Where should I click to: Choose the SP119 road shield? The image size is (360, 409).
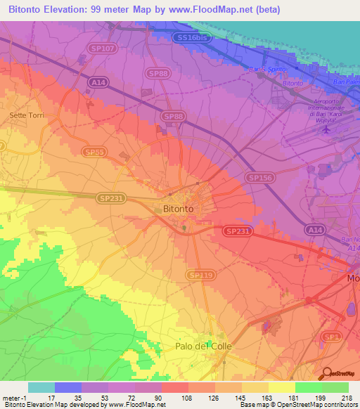click(x=200, y=275)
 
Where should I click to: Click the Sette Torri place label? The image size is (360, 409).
click(x=26, y=115)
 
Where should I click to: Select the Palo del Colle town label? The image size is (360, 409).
click(x=203, y=346)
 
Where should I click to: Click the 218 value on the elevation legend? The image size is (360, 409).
click(x=345, y=398)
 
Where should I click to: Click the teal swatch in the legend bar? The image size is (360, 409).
click(x=41, y=387)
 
